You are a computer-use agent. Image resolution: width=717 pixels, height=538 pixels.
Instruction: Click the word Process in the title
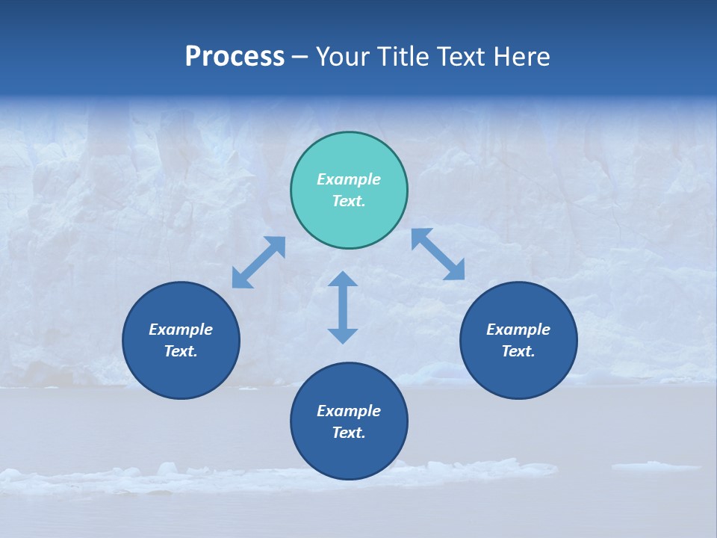tap(235, 57)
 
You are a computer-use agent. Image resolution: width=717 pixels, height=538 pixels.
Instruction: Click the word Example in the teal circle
tap(349, 179)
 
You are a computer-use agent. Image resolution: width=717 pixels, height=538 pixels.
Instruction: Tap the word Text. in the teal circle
tap(349, 201)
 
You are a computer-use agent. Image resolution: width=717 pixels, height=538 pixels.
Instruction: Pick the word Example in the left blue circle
tap(181, 330)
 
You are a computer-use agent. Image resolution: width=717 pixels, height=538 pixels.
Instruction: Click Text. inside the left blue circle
tap(181, 351)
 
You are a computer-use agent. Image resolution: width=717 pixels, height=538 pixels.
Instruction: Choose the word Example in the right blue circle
tap(518, 330)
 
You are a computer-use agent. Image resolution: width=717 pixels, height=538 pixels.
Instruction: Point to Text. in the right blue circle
tap(518, 351)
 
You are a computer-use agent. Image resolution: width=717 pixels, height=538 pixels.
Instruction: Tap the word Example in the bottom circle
tap(349, 411)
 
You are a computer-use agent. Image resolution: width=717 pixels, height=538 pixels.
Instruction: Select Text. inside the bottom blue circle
tap(349, 433)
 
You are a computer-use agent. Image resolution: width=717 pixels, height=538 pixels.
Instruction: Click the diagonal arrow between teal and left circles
tap(258, 262)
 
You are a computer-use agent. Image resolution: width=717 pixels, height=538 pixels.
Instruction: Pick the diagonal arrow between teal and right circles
tap(438, 254)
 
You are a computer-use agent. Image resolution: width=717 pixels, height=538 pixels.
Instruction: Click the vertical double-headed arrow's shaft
tap(343, 307)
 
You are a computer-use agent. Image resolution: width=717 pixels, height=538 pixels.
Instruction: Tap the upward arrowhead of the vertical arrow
tap(343, 279)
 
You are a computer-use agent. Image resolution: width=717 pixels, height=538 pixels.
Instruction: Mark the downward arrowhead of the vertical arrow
tap(343, 336)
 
